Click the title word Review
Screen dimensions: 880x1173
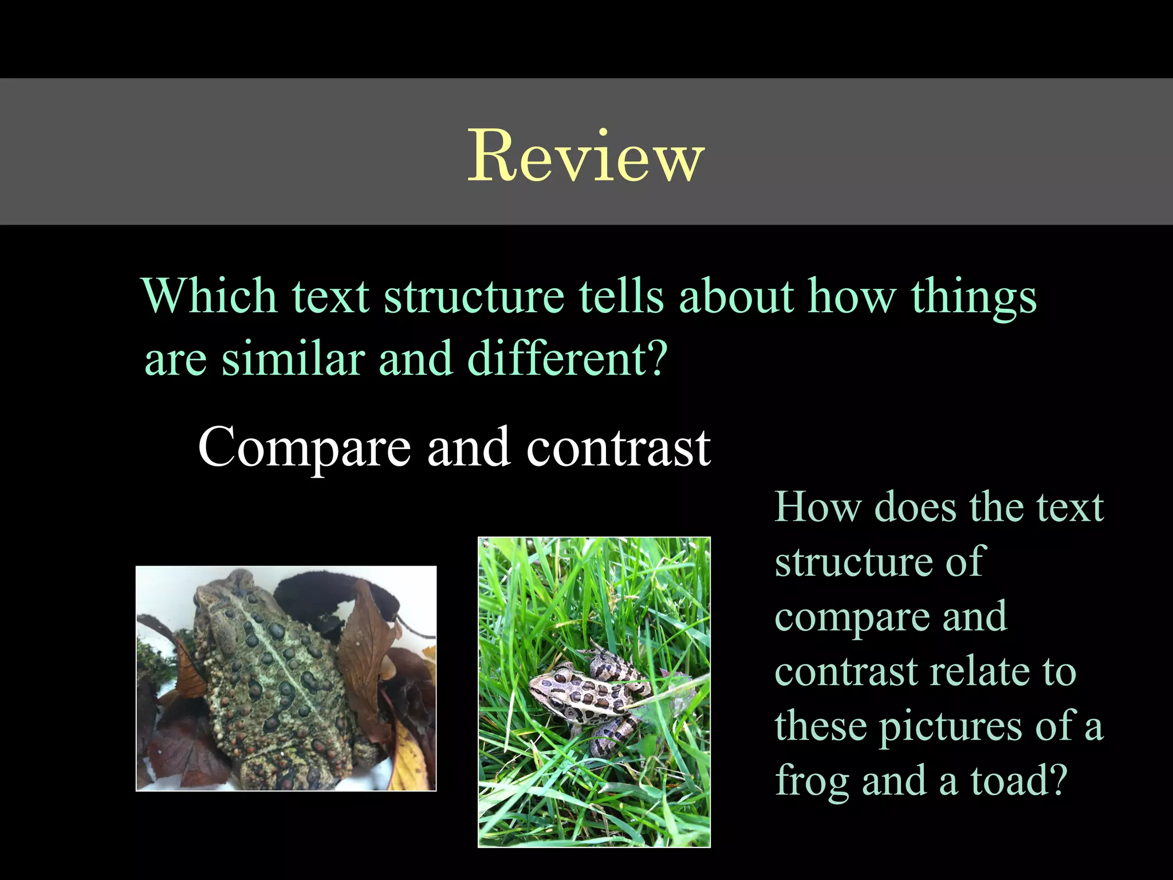coord(585,156)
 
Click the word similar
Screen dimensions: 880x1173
coord(293,359)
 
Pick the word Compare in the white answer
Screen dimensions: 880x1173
coord(304,448)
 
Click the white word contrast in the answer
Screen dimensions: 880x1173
coord(618,448)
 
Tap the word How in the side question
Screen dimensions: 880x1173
coord(818,508)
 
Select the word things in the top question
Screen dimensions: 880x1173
coord(973,297)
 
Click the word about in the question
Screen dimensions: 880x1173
coord(736,297)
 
